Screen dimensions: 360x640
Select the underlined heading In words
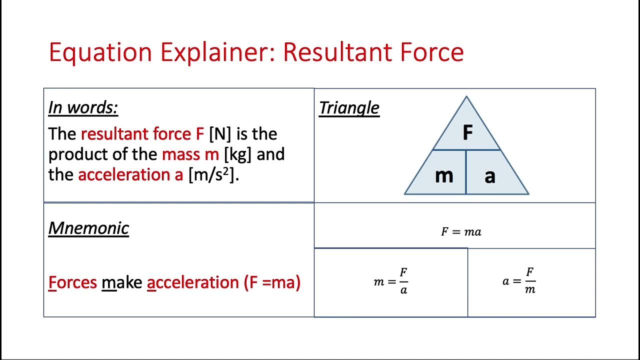pos(83,107)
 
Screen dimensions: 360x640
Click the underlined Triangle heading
pos(349,107)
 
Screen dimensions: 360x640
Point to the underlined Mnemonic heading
pos(88,228)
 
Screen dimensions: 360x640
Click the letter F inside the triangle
pos(467,133)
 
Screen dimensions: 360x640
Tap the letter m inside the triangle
pos(444,175)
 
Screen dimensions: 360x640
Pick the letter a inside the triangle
pos(490,176)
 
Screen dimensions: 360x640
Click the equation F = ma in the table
pos(461,231)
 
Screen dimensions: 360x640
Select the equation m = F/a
pos(391,281)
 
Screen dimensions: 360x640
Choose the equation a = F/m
pos(519,281)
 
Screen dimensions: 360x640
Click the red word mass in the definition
pos(182,154)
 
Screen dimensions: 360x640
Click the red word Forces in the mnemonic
pos(72,282)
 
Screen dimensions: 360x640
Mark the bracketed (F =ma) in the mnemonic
pos(272,282)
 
